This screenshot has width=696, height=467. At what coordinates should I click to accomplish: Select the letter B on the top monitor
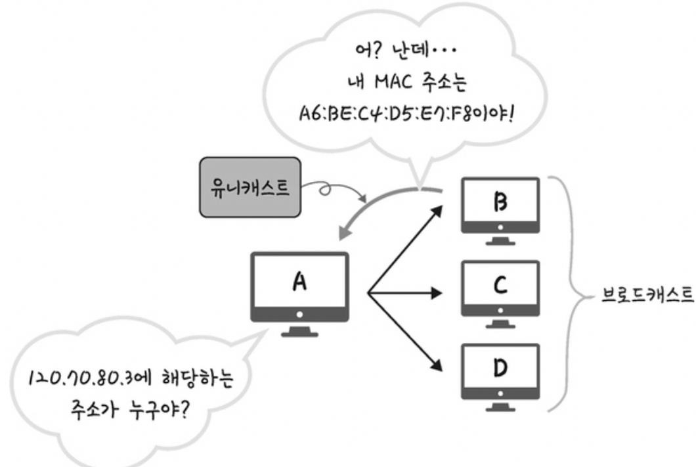500,202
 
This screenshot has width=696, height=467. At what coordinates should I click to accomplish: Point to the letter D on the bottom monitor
500,368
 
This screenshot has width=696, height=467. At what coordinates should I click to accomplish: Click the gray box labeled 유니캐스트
250,187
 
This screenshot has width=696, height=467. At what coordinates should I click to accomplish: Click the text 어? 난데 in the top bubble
398,51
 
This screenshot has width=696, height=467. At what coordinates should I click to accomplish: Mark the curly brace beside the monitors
570,294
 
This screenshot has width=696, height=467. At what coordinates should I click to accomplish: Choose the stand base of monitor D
500,408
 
